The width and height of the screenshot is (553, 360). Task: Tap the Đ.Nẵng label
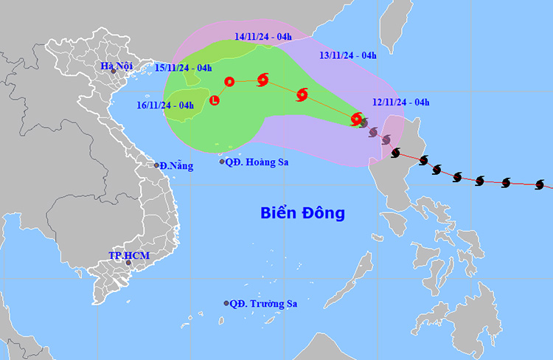(177, 166)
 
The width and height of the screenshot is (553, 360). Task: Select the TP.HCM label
(129, 255)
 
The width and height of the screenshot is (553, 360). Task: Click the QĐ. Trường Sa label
(265, 303)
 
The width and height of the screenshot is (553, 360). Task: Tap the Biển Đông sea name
(302, 213)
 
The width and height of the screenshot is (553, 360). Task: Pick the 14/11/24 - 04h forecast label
(263, 36)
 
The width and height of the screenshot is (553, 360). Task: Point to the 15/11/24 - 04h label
(184, 68)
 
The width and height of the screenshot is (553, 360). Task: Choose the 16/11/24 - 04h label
(166, 105)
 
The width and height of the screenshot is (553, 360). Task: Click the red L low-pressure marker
(215, 100)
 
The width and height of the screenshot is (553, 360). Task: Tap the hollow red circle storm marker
(229, 81)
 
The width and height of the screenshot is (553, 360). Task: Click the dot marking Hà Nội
(113, 71)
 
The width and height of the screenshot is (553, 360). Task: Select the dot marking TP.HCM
(128, 263)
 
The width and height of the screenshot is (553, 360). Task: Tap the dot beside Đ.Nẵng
(156, 165)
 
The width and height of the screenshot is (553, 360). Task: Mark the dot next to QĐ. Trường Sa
(226, 303)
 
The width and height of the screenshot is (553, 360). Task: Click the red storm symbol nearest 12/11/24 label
(357, 118)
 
